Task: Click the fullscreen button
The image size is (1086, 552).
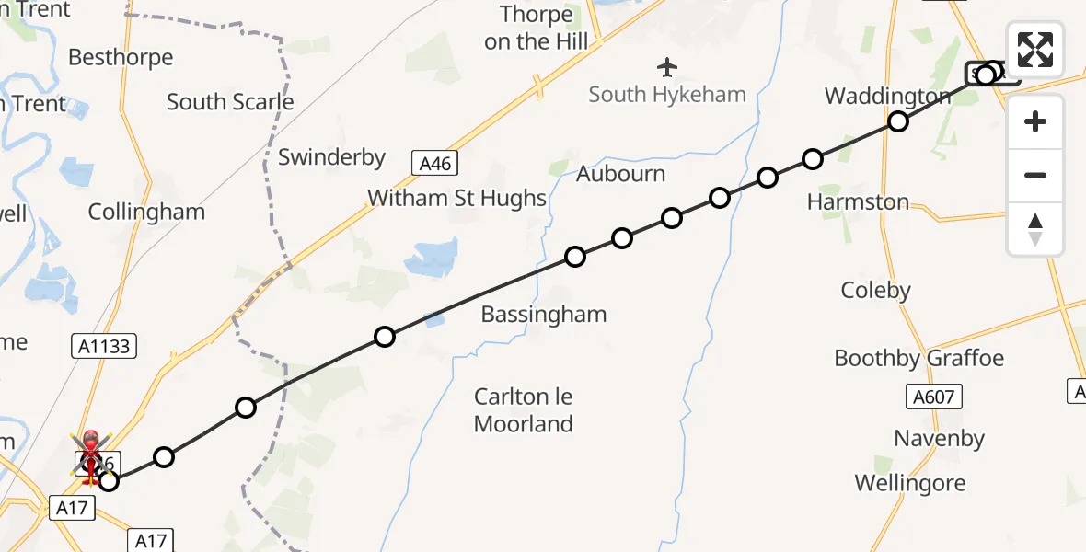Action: coord(1035,50)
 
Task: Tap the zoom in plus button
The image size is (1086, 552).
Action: coord(1035,121)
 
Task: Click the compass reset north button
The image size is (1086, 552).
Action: coord(1035,229)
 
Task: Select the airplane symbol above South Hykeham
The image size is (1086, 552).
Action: coord(667,67)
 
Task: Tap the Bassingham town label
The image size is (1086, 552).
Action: coord(544,315)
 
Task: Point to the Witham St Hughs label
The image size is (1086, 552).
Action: coord(457,198)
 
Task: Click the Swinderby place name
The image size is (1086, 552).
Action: coord(331,157)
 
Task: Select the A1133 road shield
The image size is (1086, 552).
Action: coord(104,346)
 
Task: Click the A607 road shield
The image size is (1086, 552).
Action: coord(933,397)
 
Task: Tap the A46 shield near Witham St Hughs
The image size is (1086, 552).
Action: coord(434,164)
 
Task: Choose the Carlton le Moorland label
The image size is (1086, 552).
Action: coord(524,410)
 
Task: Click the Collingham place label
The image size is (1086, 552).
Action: coord(146,213)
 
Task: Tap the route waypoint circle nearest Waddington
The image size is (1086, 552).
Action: coord(897,121)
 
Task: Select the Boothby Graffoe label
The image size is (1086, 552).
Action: coord(918,358)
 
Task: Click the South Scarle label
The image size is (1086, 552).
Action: coord(230,102)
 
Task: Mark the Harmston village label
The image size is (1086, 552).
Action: coord(858,202)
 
